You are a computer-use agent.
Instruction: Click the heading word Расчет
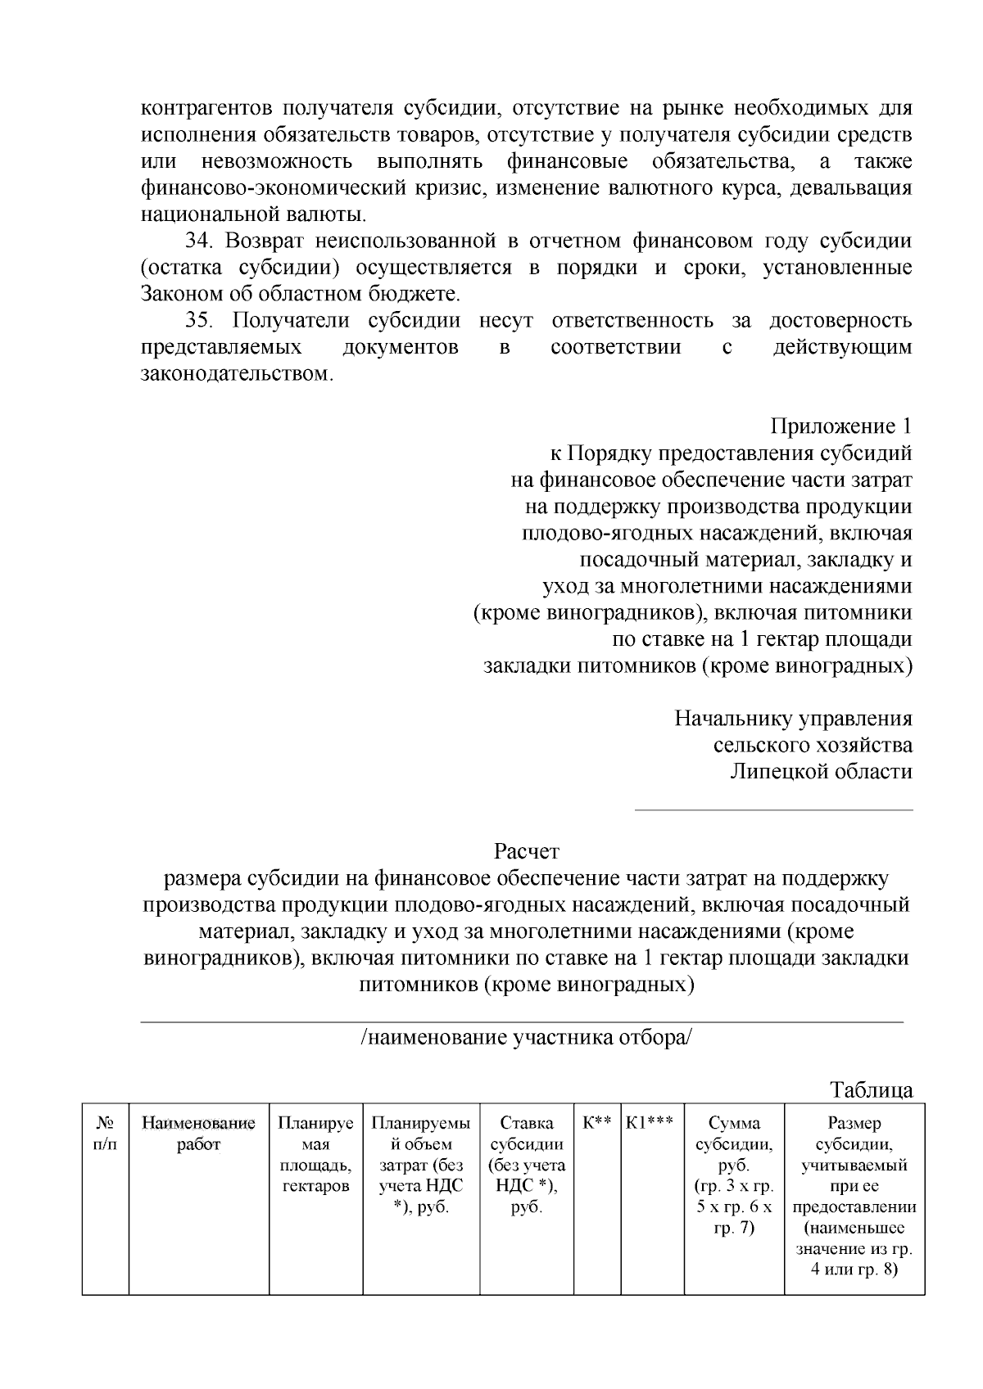click(526, 851)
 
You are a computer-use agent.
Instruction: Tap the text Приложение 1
click(840, 426)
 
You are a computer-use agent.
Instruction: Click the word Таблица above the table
click(871, 1089)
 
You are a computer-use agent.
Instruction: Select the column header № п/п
click(106, 1134)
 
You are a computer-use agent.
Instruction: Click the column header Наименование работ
click(199, 1134)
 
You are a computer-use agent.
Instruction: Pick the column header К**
click(597, 1123)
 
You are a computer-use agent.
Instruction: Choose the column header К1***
click(651, 1123)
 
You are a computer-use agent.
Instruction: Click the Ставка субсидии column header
click(526, 1165)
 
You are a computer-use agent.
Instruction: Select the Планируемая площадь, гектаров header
click(315, 1154)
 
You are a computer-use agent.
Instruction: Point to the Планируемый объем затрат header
click(421, 1165)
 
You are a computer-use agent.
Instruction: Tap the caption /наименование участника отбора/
click(526, 1037)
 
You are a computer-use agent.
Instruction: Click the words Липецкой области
click(821, 771)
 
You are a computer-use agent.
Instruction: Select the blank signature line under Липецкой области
click(774, 809)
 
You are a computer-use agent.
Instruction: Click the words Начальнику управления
click(793, 719)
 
